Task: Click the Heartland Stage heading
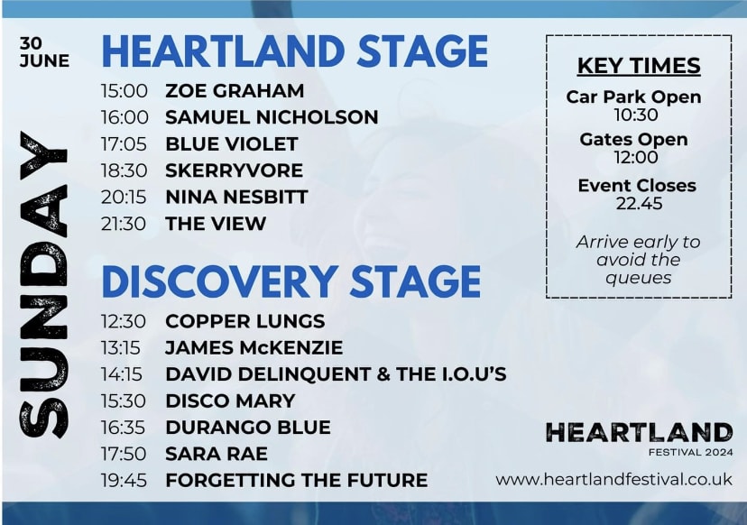pos(295,51)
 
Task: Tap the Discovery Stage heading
pos(291,281)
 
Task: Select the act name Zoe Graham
pos(235,90)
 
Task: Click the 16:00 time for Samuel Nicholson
pos(124,117)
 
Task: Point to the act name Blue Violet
pos(232,143)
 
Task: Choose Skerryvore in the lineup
pos(234,170)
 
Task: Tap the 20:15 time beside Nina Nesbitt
pos(124,197)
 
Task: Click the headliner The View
pos(216,224)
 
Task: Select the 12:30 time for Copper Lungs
pos(123,321)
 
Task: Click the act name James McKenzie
pos(254,348)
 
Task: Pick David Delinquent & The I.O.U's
pos(336,374)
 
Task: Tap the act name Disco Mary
pos(230,401)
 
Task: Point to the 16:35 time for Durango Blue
pos(123,428)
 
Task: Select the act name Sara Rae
pos(217,454)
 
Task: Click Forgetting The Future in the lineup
pos(296,480)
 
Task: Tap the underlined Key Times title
pos(639,66)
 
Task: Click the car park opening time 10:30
pos(636,115)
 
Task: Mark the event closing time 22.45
pos(639,204)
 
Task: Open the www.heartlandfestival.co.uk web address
pos(613,479)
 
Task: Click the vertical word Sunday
pos(43,284)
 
